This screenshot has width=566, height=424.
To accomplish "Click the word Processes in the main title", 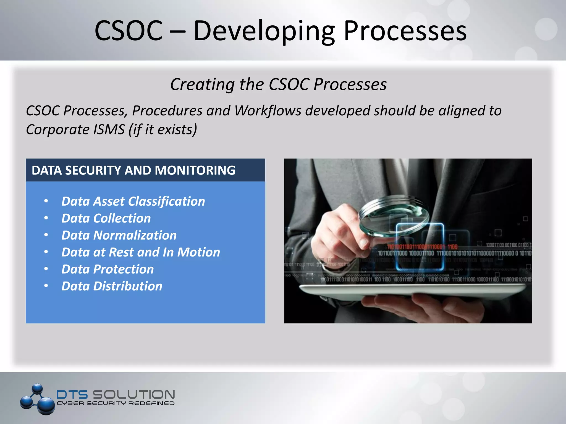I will pyautogui.click(x=405, y=31).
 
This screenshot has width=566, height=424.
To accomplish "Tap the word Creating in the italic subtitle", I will pyautogui.click(x=203, y=84).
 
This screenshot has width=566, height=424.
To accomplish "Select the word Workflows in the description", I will pyautogui.click(x=268, y=111).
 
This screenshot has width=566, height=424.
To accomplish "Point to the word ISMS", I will pyautogui.click(x=109, y=129).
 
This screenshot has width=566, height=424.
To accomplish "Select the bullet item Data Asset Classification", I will pyautogui.click(x=133, y=201).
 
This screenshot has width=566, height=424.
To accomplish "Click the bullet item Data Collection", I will pyautogui.click(x=106, y=218).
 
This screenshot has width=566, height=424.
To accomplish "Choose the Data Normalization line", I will pyautogui.click(x=119, y=235).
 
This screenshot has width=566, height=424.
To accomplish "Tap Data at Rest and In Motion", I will pyautogui.click(x=140, y=252).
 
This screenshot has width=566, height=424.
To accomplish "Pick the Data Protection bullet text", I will pyautogui.click(x=108, y=269).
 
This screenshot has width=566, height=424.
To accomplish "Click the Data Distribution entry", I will pyautogui.click(x=112, y=286).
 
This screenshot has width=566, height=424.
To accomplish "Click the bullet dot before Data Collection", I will pyautogui.click(x=46, y=218).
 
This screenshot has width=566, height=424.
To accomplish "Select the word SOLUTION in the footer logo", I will pyautogui.click(x=133, y=394).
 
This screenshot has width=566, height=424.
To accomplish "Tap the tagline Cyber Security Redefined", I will pyautogui.click(x=116, y=403).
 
